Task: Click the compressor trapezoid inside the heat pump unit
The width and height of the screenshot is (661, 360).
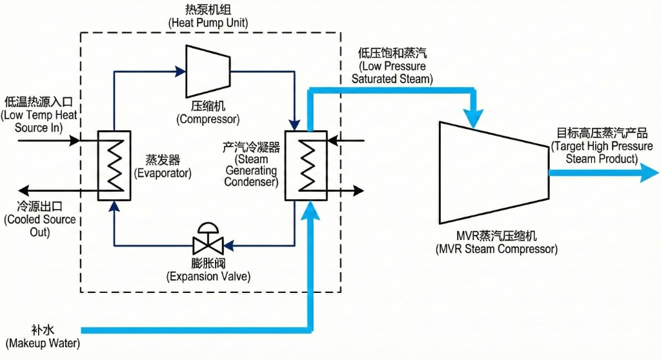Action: pos(208,70)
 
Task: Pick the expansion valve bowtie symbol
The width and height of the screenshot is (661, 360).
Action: pos(208,245)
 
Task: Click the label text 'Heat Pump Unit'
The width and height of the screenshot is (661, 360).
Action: pos(208,23)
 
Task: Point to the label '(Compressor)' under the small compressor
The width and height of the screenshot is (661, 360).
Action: pos(208,119)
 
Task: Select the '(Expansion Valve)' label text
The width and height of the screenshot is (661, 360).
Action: pos(208,277)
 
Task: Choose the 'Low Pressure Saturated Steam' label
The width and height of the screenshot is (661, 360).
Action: pos(392,73)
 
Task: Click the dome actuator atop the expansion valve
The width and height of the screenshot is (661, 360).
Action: pos(208,227)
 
